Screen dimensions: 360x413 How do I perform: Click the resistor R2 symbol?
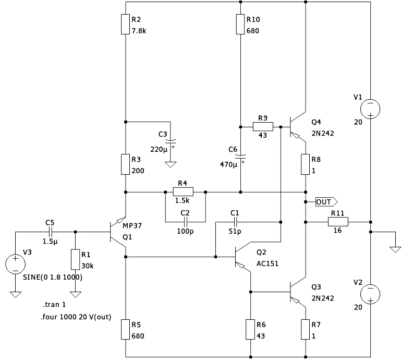click(125, 25)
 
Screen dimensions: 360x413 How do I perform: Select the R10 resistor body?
click(240, 25)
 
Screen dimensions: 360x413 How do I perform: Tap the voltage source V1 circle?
click(370, 108)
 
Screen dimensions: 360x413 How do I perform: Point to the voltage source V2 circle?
click(370, 293)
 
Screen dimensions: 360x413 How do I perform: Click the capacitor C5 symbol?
click(50, 232)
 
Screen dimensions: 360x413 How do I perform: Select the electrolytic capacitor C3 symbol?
click(170, 141)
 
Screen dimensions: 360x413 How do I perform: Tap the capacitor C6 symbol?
click(240, 156)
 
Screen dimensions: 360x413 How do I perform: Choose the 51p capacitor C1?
click(235, 222)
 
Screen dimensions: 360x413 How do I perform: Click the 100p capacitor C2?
click(185, 222)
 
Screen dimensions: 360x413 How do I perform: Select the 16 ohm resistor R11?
click(337, 222)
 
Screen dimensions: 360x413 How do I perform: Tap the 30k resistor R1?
click(76, 260)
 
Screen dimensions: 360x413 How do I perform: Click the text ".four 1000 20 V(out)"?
click(76, 317)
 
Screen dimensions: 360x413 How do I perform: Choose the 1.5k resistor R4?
click(183, 192)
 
